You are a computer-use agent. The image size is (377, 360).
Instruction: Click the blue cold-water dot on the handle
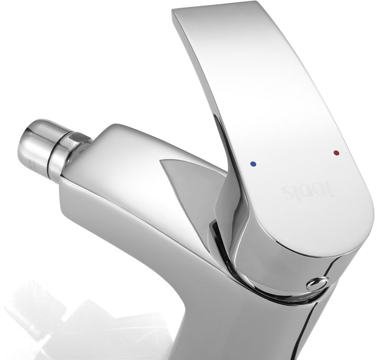(x=253, y=164)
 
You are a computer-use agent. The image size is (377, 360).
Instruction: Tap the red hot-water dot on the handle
(x=336, y=152)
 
